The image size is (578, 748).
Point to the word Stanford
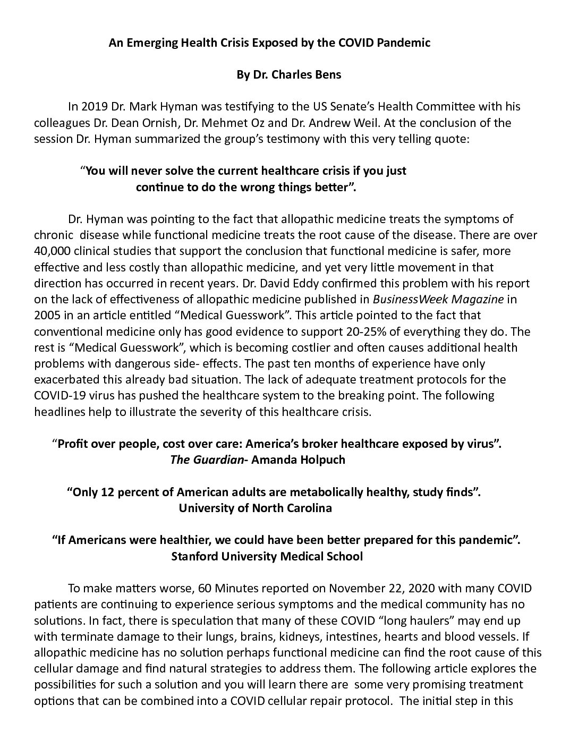click(x=194, y=556)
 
